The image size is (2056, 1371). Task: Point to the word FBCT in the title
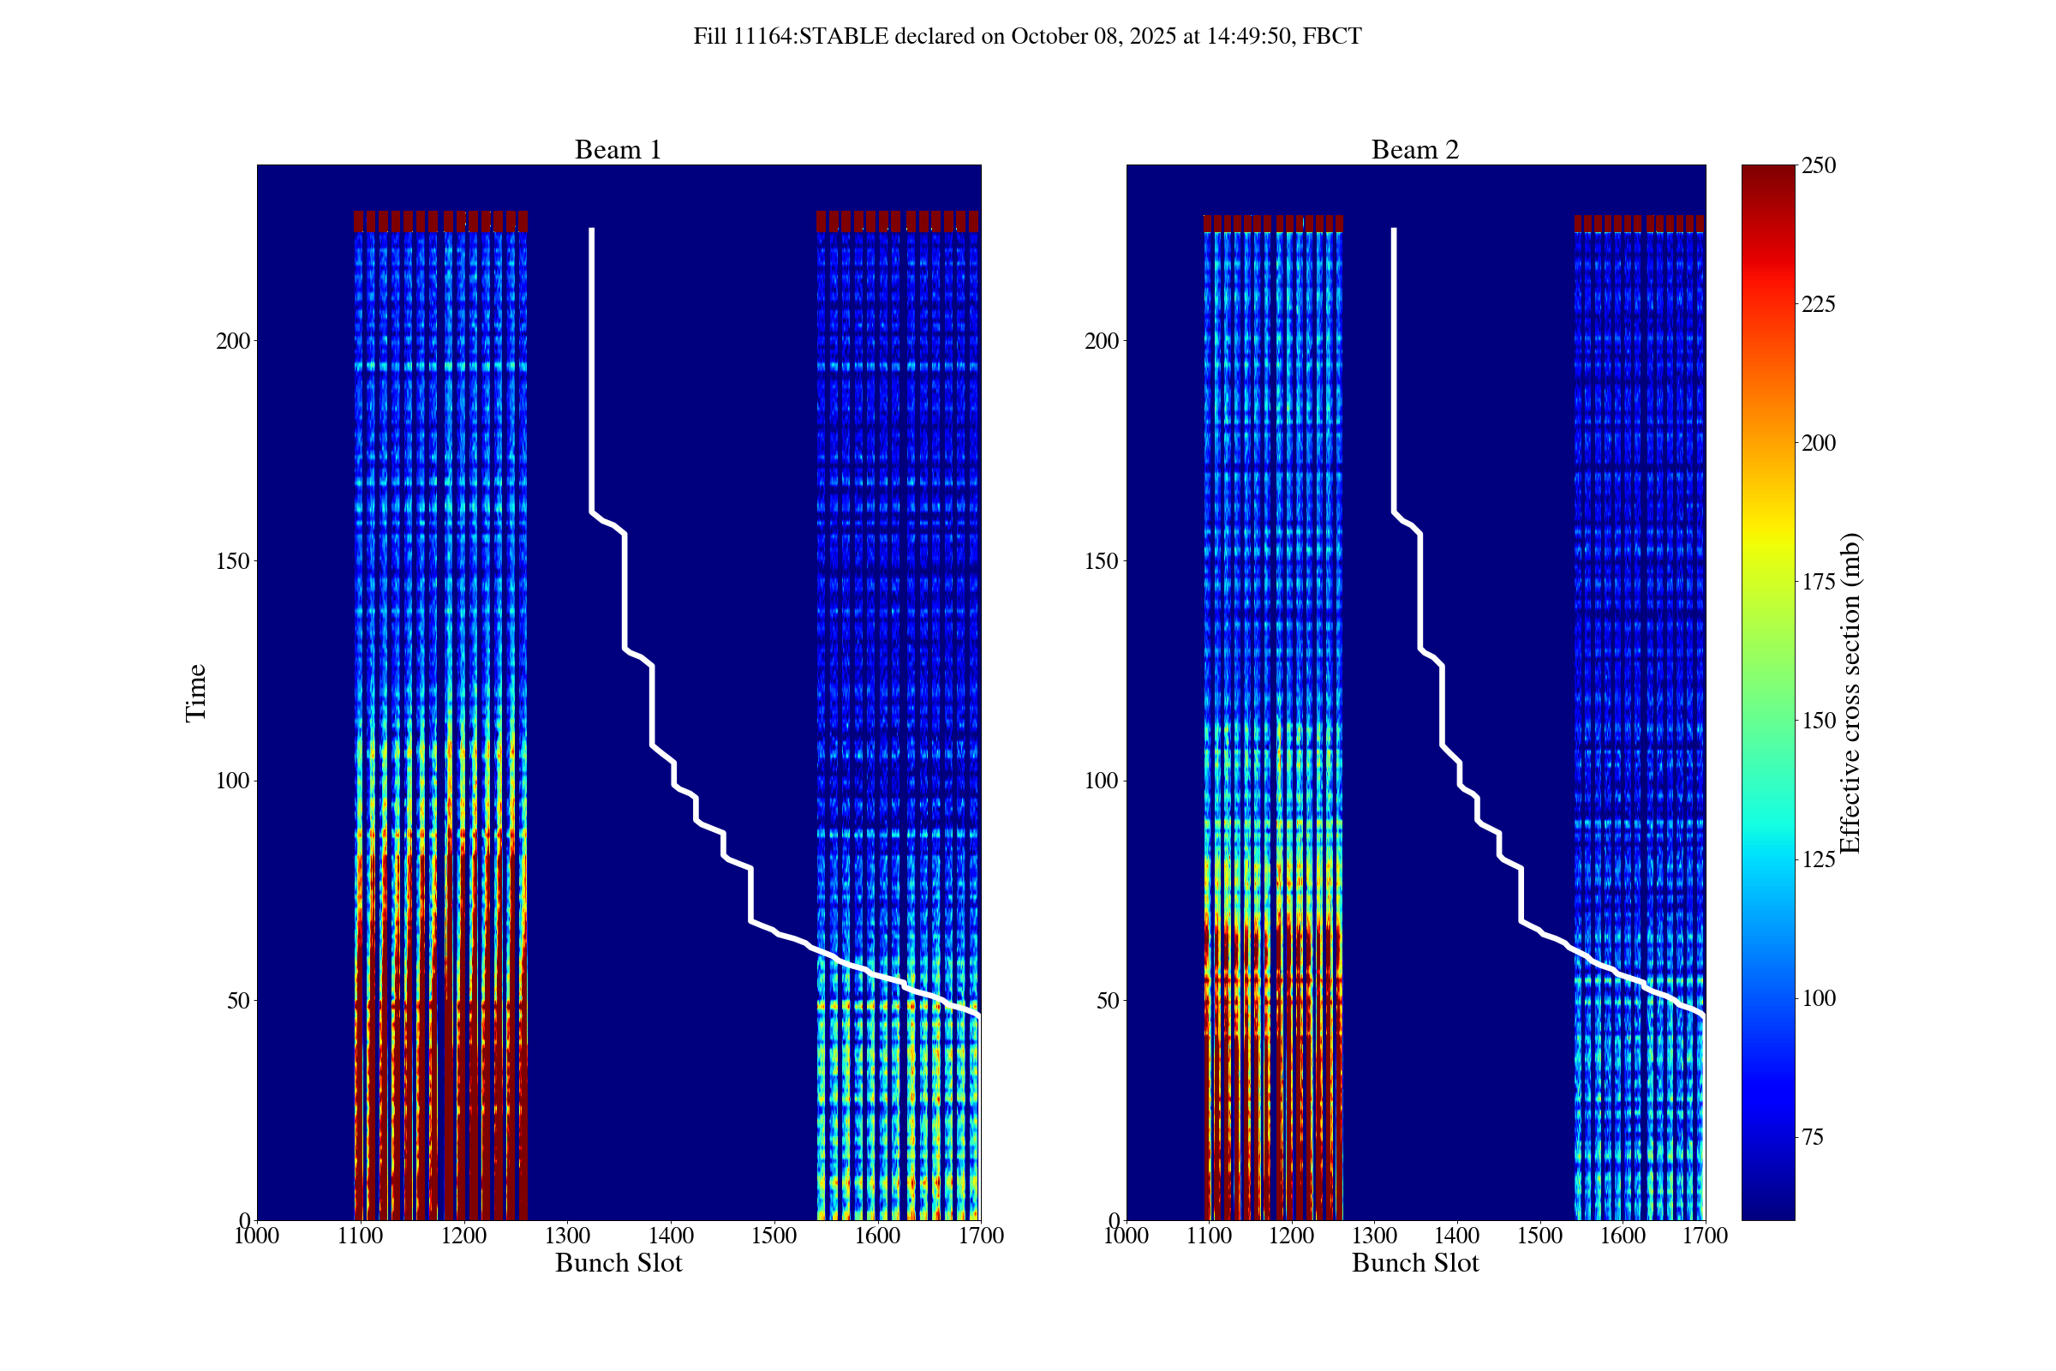1331,37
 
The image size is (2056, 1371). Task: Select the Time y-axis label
196,692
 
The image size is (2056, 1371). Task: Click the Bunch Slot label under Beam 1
618,1262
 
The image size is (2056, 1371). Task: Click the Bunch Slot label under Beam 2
1415,1262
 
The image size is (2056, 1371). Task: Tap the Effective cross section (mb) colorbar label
1850,692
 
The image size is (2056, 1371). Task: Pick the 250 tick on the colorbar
1818,166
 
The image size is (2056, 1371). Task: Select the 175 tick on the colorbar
1818,583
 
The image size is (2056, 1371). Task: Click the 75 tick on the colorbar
1813,1137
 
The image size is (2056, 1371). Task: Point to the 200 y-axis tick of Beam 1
232,341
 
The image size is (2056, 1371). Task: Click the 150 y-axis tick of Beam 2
1102,561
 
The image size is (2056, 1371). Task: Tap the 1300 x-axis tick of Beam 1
567,1236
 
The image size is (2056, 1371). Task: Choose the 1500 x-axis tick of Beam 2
1539,1236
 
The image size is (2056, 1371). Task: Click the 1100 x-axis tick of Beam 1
360,1236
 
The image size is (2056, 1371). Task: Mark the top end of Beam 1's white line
592,230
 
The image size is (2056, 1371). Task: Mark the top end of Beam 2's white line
1394,230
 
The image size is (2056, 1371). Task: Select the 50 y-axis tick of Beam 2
1107,1000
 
